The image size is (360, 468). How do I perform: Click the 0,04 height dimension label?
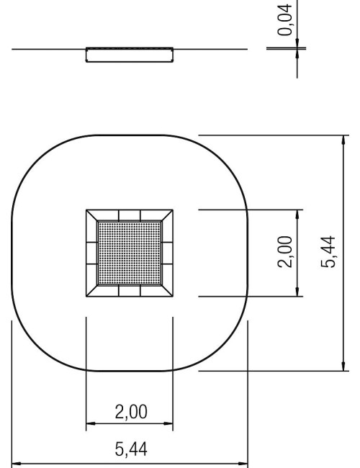288,19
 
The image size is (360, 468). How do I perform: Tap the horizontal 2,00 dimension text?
130,413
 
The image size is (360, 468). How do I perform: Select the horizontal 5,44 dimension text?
130,450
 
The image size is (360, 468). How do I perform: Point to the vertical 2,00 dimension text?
286,252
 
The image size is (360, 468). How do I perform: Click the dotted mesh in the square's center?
130,253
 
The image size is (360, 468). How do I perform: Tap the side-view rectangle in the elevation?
130,55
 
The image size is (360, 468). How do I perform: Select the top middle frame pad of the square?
130,215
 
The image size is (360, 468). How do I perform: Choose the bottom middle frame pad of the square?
130,290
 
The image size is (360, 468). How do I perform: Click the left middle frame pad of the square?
91,253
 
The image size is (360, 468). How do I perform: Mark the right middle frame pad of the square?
167,253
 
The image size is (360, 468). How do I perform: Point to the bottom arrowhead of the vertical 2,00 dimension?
297,292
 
